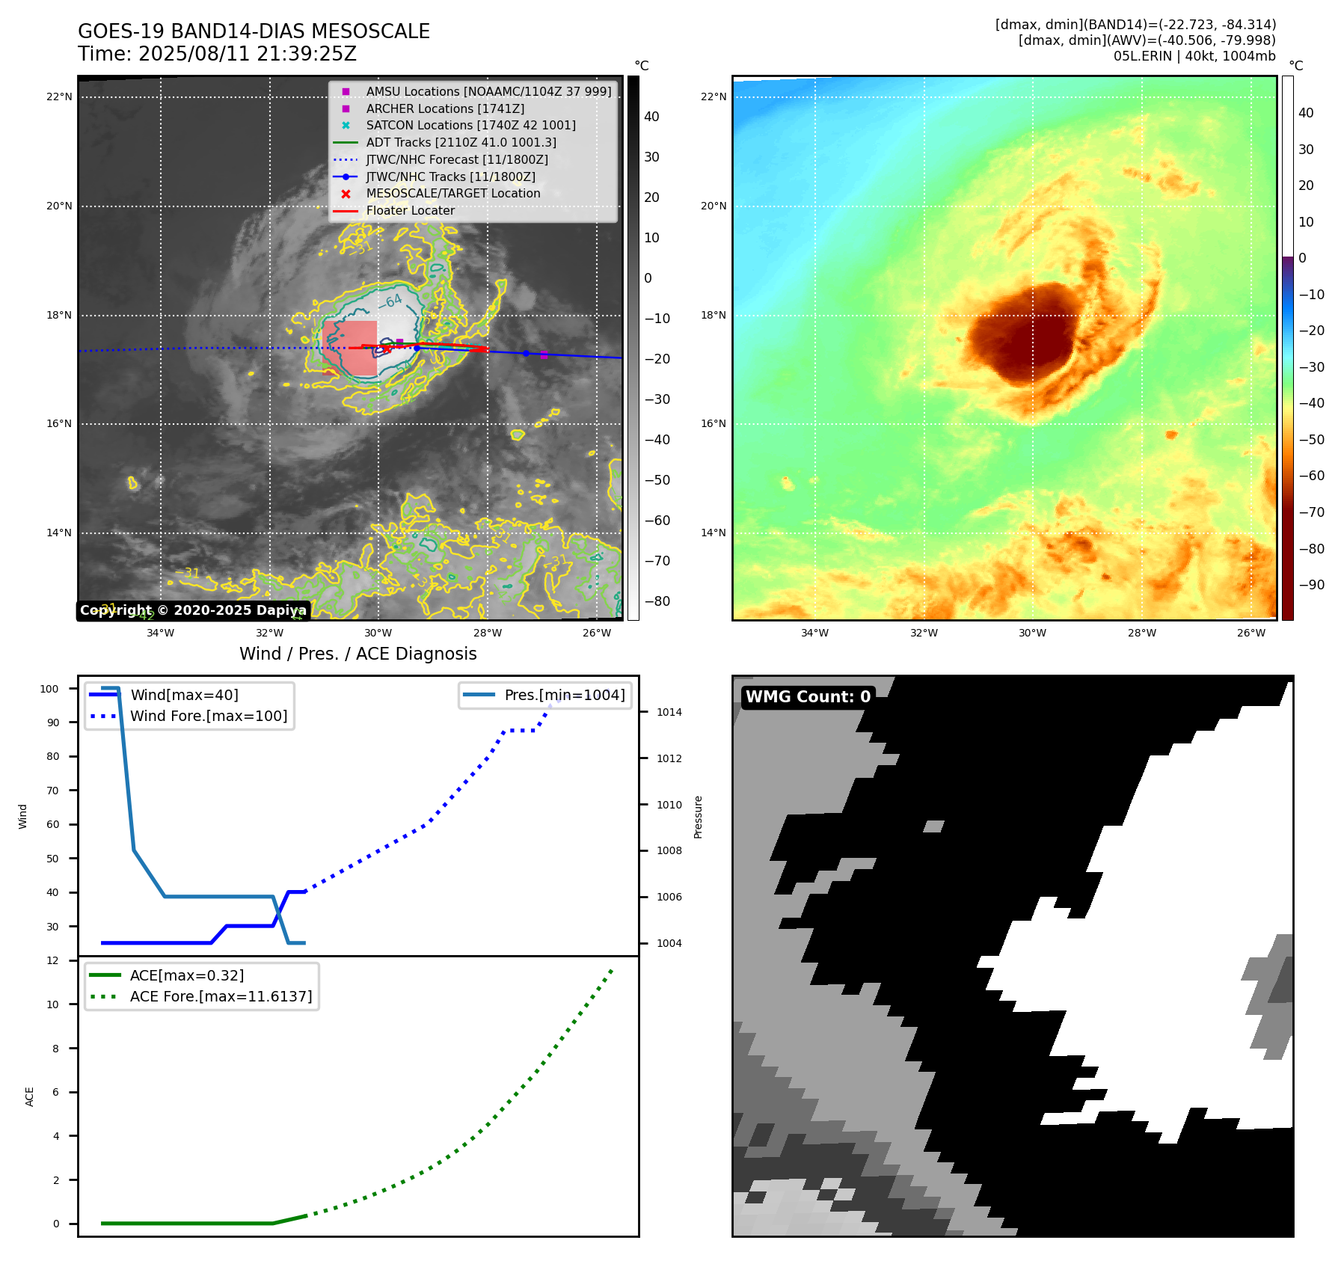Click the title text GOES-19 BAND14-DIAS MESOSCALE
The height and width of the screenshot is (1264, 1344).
(254, 31)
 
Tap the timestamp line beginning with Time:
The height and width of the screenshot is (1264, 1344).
(217, 54)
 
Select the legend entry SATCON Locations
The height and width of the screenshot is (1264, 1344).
(470, 125)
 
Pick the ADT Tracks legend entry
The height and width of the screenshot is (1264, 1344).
(461, 142)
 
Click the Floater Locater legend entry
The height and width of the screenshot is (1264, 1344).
(410, 210)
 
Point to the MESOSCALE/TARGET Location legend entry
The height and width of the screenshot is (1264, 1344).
(452, 193)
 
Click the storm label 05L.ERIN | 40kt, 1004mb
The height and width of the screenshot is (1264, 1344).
(1194, 56)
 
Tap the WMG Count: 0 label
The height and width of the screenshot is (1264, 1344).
(808, 696)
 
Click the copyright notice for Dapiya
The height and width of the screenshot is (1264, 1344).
(193, 610)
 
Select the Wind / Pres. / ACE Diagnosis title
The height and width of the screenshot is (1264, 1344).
(358, 654)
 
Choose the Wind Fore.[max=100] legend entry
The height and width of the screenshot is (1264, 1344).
(208, 716)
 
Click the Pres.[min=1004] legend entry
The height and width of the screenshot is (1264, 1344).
(564, 695)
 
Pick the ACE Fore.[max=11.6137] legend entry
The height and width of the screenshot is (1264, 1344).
(221, 996)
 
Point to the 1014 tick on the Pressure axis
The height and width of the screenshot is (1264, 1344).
(669, 712)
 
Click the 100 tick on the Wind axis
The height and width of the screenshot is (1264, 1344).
(49, 689)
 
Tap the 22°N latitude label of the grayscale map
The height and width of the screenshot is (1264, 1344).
(59, 96)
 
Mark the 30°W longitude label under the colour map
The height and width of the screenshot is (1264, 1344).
(1032, 633)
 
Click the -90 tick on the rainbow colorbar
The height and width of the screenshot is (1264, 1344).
(1311, 585)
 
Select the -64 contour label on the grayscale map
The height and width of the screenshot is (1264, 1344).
(390, 301)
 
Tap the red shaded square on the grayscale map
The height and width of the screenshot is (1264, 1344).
(350, 349)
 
